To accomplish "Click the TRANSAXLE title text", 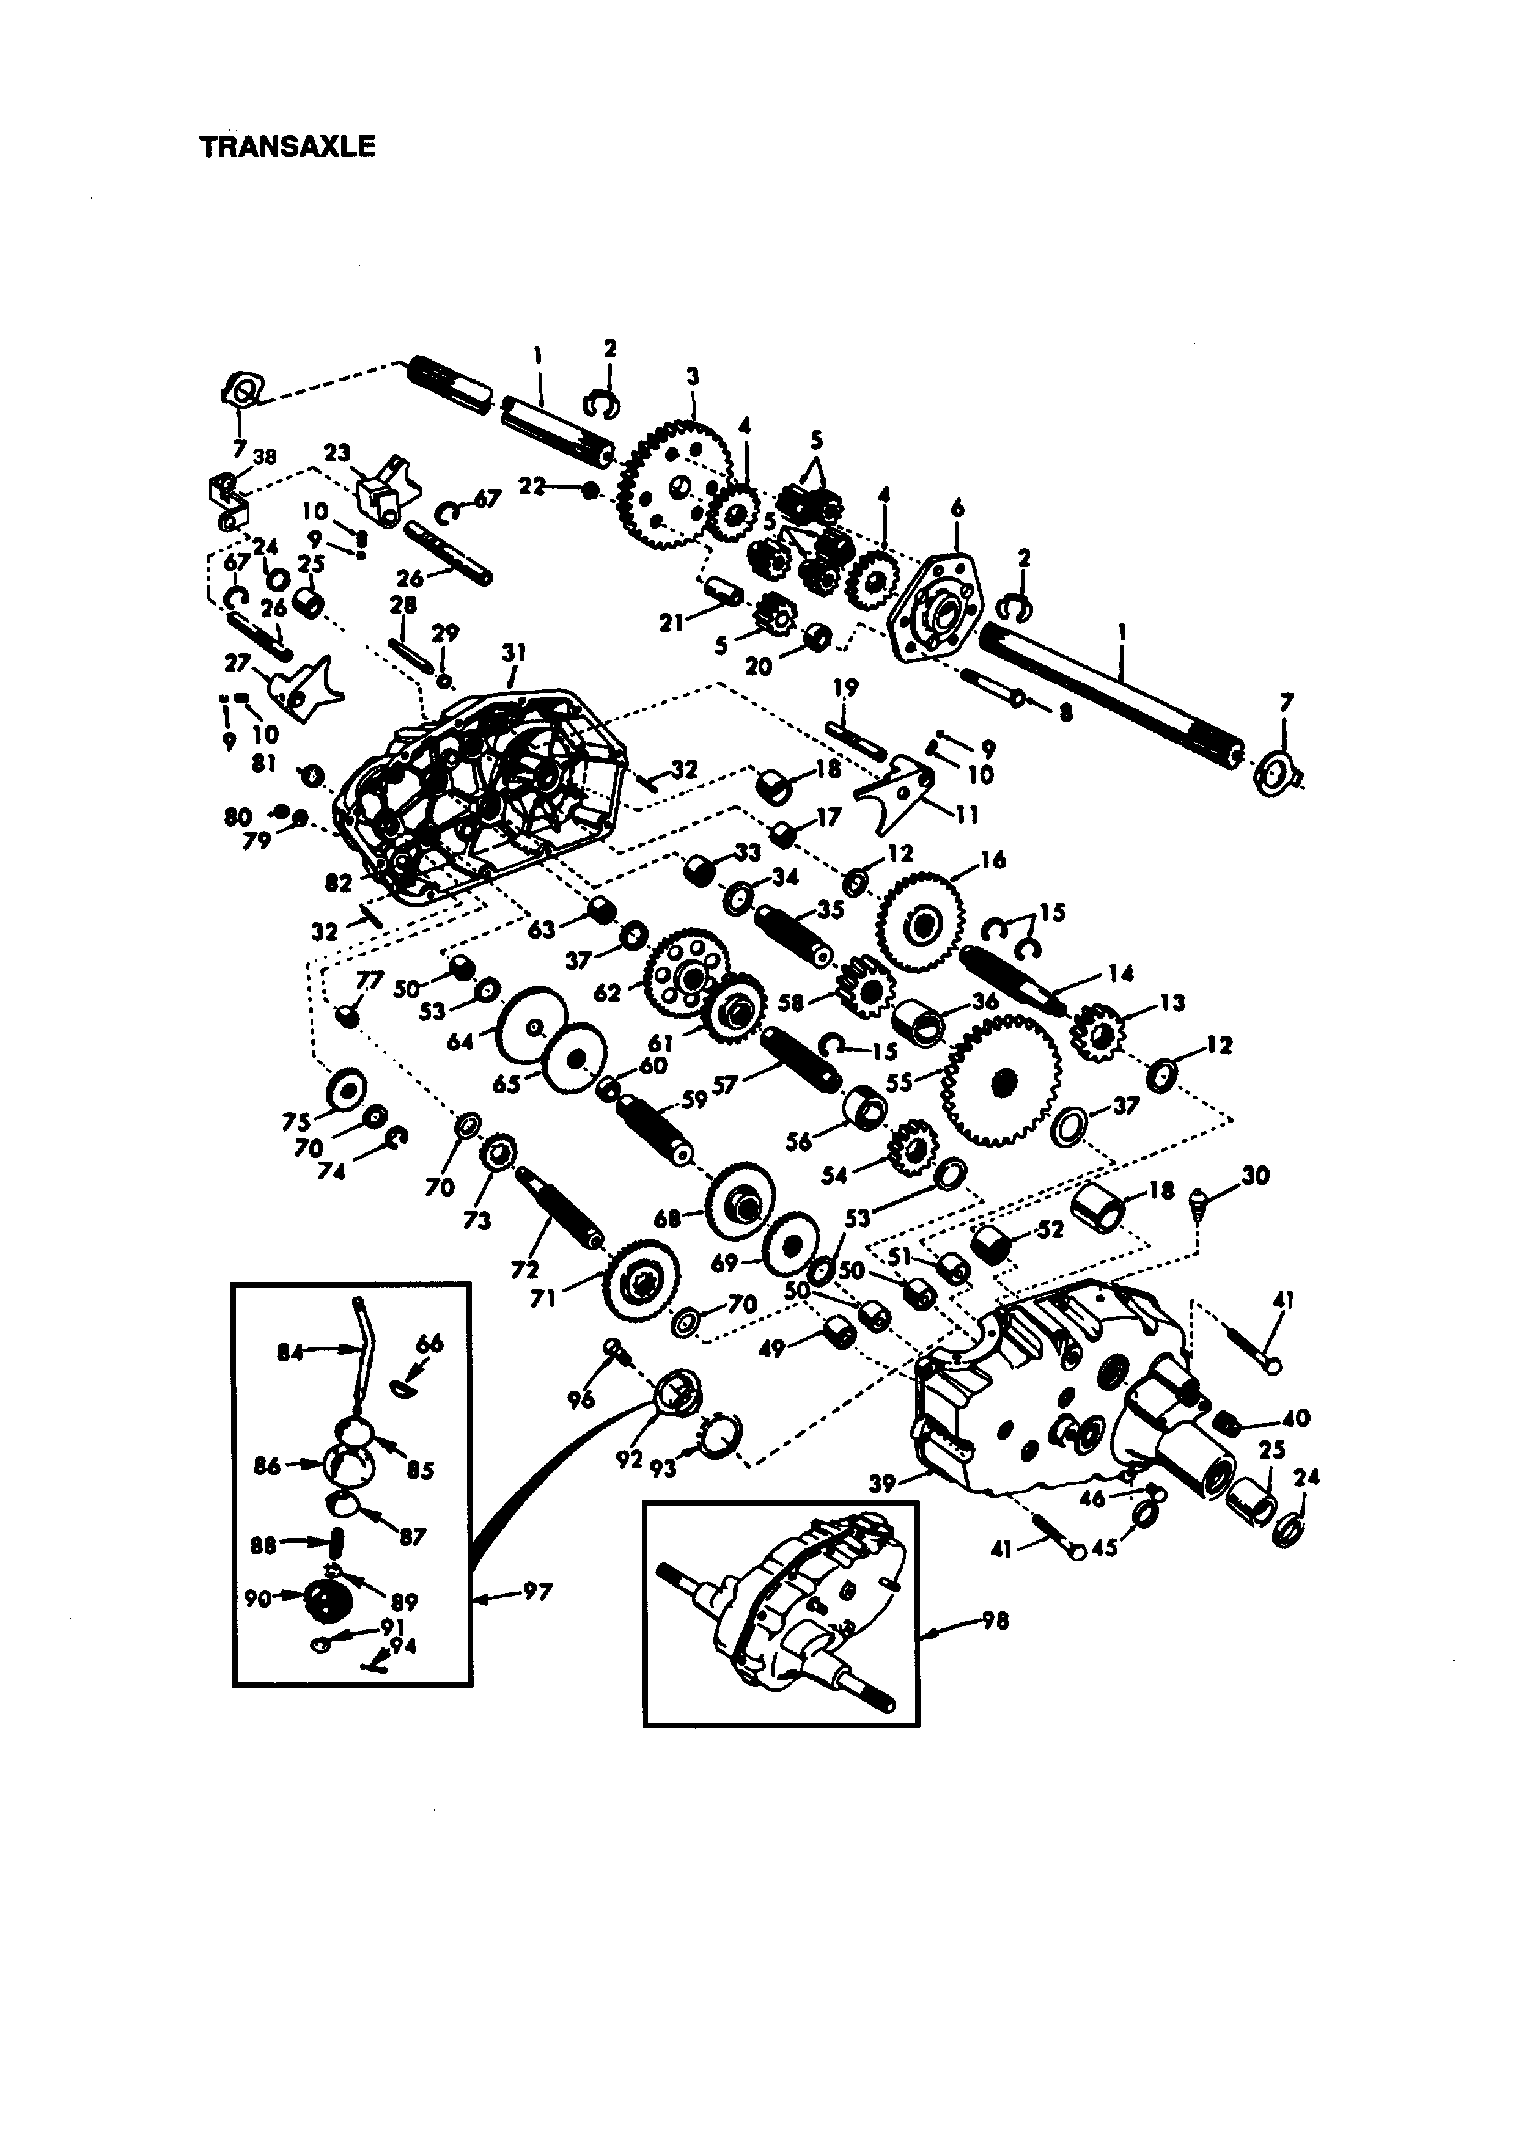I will tap(287, 147).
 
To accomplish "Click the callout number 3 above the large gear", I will tap(692, 376).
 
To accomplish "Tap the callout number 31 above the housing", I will tap(513, 651).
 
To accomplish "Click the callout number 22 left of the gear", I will tap(532, 486).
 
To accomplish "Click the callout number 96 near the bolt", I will tap(581, 1398).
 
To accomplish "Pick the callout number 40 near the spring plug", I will tap(1297, 1418).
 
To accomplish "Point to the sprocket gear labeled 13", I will tap(1096, 1033).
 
